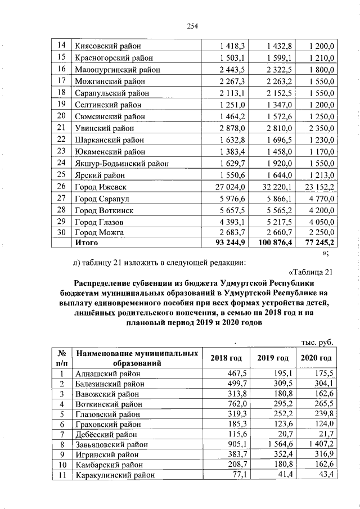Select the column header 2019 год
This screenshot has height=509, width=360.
pyautogui.click(x=273, y=358)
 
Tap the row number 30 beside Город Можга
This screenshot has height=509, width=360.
pyautogui.click(x=62, y=232)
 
